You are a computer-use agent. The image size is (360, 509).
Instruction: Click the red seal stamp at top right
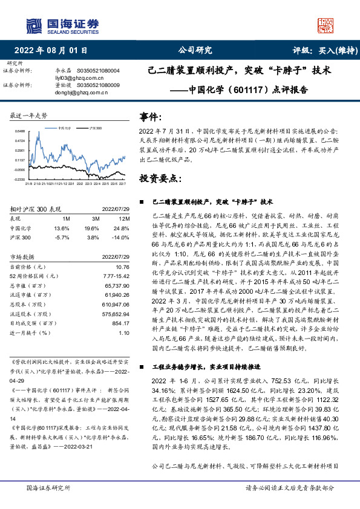coord(326,25)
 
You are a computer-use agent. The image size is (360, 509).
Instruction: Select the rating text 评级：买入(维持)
coord(320,50)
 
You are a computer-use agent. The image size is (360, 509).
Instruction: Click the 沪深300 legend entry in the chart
coord(94,129)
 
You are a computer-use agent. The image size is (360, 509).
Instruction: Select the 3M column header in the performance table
coord(96,218)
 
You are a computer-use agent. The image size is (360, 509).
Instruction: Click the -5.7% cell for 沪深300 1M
coord(62,238)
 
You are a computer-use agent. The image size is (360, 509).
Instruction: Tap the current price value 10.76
coord(122,266)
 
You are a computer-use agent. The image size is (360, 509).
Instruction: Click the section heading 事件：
coord(151,115)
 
